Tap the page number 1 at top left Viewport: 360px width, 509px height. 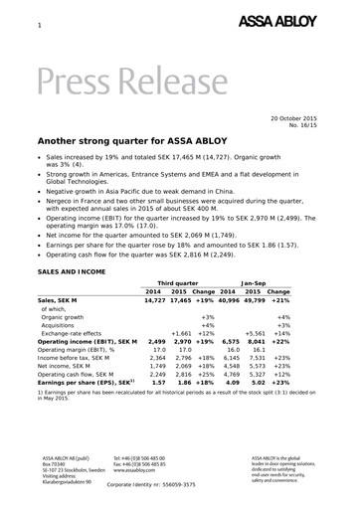[x=40, y=24]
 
